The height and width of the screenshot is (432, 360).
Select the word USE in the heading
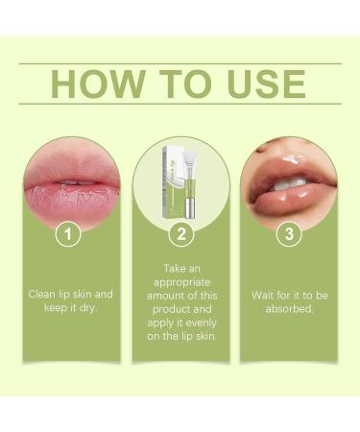click(x=263, y=84)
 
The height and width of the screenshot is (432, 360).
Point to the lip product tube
click(x=187, y=187)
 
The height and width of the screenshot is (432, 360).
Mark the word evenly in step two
click(x=200, y=325)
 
